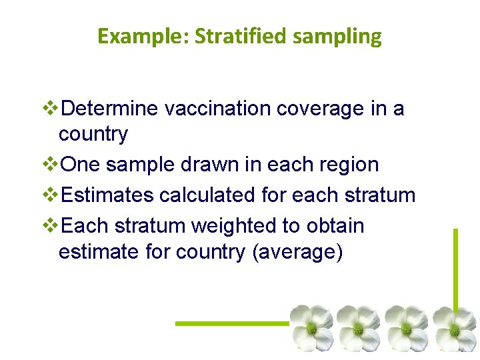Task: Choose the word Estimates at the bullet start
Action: click(x=107, y=195)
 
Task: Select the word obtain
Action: click(x=335, y=226)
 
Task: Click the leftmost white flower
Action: click(x=311, y=327)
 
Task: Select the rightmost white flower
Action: click(x=455, y=327)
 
